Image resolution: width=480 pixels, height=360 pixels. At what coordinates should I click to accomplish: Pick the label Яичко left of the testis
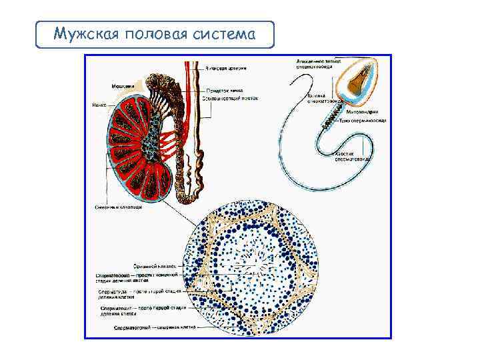99,105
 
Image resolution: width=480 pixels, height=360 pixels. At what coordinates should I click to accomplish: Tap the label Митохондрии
361,111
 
